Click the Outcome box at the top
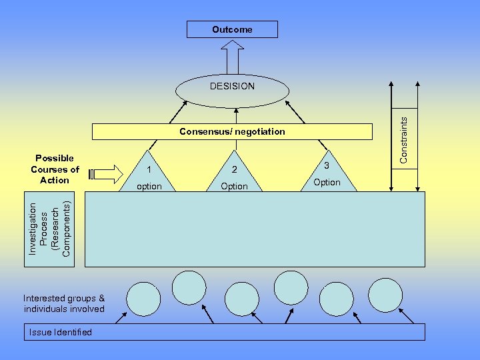(232, 29)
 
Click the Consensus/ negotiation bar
(232, 131)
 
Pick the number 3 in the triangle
(327, 165)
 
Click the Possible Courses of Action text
(55, 169)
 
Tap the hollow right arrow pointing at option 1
(106, 174)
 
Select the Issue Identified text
(61, 332)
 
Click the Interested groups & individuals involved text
(64, 303)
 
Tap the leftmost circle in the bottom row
(143, 299)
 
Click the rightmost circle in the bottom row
(385, 295)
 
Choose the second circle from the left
(189, 287)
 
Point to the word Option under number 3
(327, 182)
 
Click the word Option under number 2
(234, 186)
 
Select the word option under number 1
(149, 186)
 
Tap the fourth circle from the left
(291, 288)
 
